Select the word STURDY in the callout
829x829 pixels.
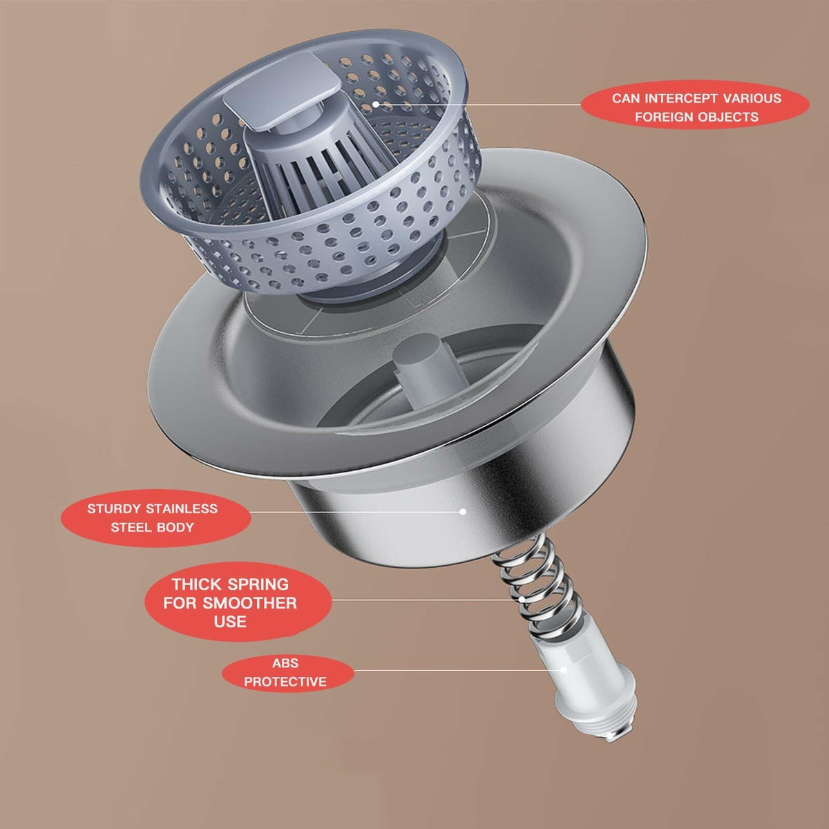pos(114,508)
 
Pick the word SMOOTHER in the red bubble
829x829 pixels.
pos(249,603)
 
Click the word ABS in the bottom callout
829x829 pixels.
pos(285,663)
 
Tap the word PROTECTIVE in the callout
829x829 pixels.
pos(285,682)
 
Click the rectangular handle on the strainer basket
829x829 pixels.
pos(281,89)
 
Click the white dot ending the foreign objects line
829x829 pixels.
pos(376,104)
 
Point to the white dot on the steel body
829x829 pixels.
pos(463,511)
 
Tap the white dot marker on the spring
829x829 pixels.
pos(522,599)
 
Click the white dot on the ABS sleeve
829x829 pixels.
pos(563,670)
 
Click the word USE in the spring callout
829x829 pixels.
pos(230,622)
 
